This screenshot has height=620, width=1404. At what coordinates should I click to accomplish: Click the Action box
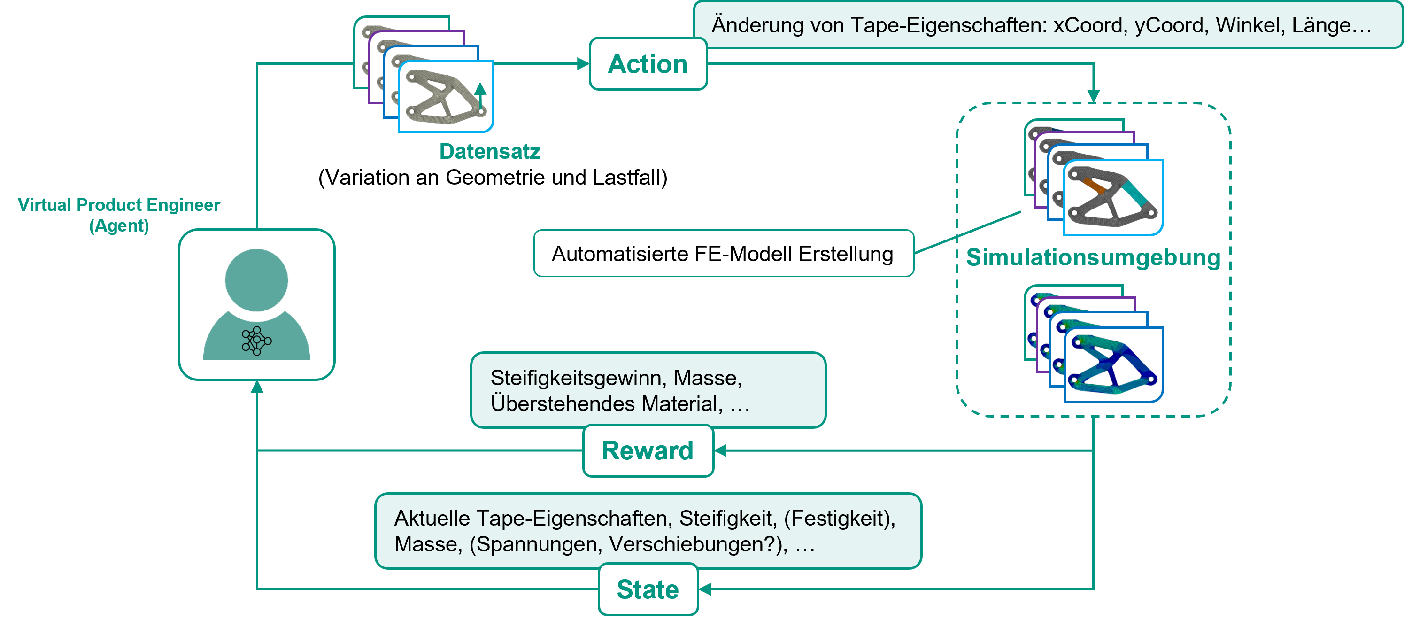click(648, 64)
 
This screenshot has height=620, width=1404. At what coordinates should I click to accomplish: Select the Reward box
click(648, 450)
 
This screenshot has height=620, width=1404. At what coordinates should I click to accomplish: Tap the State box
click(648, 589)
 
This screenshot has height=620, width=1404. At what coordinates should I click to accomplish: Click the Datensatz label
click(489, 152)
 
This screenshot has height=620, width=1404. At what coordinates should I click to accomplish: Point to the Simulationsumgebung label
click(1093, 257)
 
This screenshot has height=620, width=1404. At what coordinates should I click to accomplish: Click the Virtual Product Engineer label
click(119, 205)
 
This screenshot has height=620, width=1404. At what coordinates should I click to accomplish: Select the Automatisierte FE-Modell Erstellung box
click(723, 254)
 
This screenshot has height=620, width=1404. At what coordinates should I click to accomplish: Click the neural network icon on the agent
click(256, 341)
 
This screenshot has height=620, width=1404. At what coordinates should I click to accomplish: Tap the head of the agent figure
click(256, 280)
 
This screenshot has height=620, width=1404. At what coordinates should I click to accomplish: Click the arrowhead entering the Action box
click(584, 64)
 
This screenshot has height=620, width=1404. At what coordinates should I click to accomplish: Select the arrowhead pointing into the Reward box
click(720, 450)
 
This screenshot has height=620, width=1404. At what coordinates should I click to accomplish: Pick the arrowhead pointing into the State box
click(705, 589)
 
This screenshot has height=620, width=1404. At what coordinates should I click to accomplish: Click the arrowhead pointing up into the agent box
click(257, 387)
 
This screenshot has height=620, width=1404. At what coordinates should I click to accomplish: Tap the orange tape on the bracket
click(1095, 186)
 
